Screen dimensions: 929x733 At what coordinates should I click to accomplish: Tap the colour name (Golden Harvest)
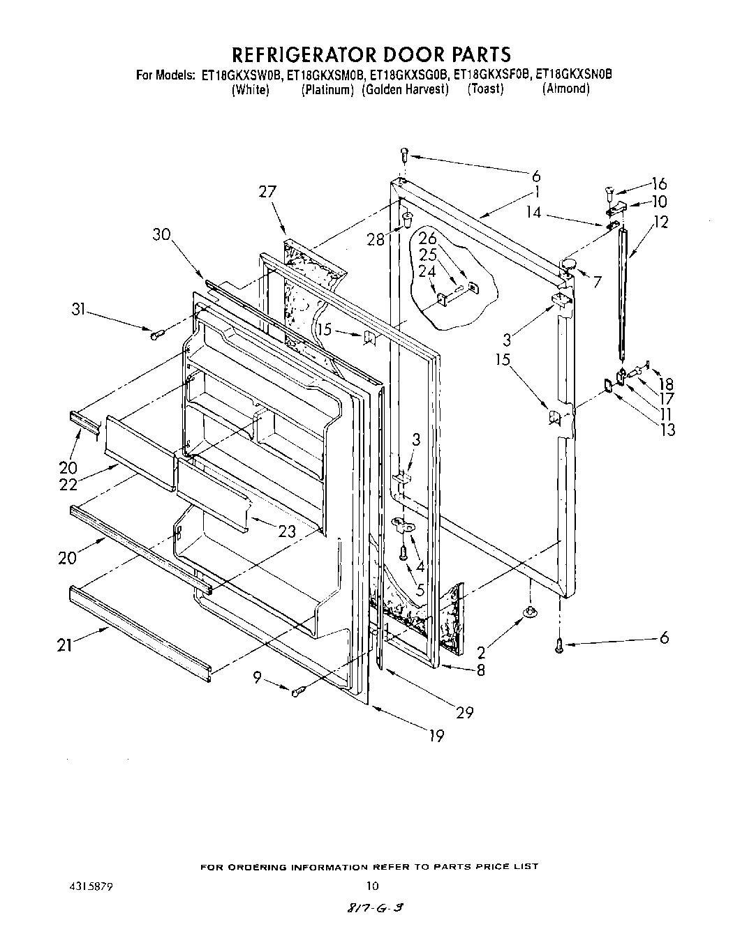tap(405, 89)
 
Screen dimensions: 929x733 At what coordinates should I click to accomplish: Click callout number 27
tap(267, 192)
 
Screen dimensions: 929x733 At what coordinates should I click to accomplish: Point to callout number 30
tap(162, 236)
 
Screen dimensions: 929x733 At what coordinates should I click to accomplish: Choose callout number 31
tap(78, 309)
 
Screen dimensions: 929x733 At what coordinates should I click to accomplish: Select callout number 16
tap(658, 184)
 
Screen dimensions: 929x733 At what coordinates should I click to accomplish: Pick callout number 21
tap(64, 647)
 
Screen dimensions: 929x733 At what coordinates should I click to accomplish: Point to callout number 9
tap(258, 676)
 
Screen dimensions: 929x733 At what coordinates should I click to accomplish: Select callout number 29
tap(464, 712)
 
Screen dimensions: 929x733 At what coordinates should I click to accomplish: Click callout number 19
tap(437, 735)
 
